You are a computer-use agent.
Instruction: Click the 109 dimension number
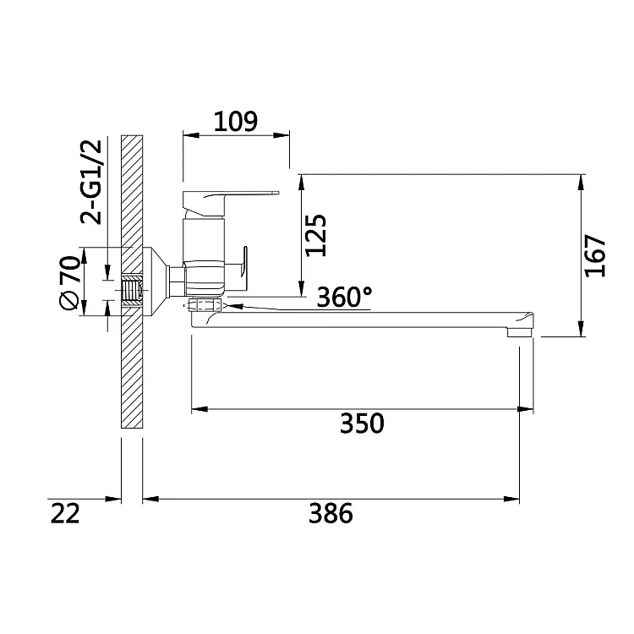click(x=235, y=121)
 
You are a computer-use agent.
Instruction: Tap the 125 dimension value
click(x=316, y=235)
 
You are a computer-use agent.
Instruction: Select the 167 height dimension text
click(x=596, y=256)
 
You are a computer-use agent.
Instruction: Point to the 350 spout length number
click(x=362, y=424)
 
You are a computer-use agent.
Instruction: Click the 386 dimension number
click(x=331, y=513)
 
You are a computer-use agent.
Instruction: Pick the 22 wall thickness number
click(x=65, y=513)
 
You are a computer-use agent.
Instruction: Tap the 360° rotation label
click(x=345, y=298)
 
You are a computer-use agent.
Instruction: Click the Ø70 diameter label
click(x=69, y=282)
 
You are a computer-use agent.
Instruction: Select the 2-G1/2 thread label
click(x=91, y=183)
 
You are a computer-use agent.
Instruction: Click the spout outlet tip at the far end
click(x=521, y=331)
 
